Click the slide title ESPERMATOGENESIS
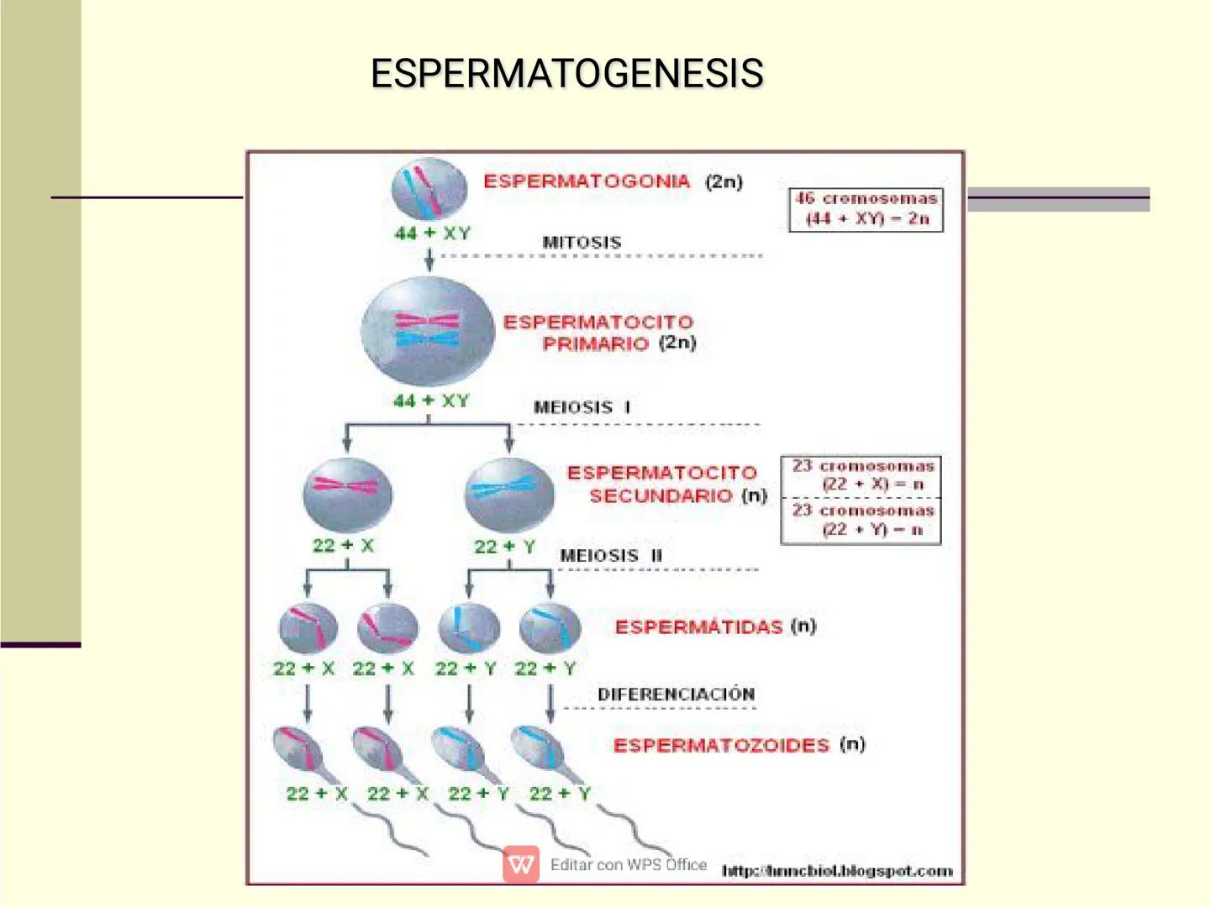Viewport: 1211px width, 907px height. tap(567, 74)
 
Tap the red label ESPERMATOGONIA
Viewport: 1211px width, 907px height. tap(587, 181)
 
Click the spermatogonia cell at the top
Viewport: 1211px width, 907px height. tap(429, 190)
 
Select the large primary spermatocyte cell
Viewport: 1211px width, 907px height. tap(428, 331)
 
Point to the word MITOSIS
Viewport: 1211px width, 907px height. tap(582, 243)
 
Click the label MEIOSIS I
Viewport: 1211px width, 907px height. tap(582, 407)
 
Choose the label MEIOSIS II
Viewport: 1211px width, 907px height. tap(611, 556)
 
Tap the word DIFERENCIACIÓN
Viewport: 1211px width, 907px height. tap(676, 695)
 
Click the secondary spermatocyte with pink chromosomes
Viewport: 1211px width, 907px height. tap(346, 494)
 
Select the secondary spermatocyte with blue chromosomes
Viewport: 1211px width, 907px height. tap(508, 494)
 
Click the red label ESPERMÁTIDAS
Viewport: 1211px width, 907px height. tap(698, 627)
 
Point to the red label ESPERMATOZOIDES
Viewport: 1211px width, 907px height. tap(721, 746)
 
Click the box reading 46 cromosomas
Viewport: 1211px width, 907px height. tap(866, 209)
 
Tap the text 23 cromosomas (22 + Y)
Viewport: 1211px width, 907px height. tap(863, 520)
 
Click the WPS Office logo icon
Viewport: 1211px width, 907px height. tap(521, 864)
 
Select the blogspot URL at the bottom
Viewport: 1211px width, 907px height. tap(837, 871)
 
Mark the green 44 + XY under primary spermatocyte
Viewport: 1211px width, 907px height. tap(431, 401)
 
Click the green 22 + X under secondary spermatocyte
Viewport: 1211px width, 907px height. tap(343, 546)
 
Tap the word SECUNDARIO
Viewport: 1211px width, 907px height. tap(661, 496)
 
